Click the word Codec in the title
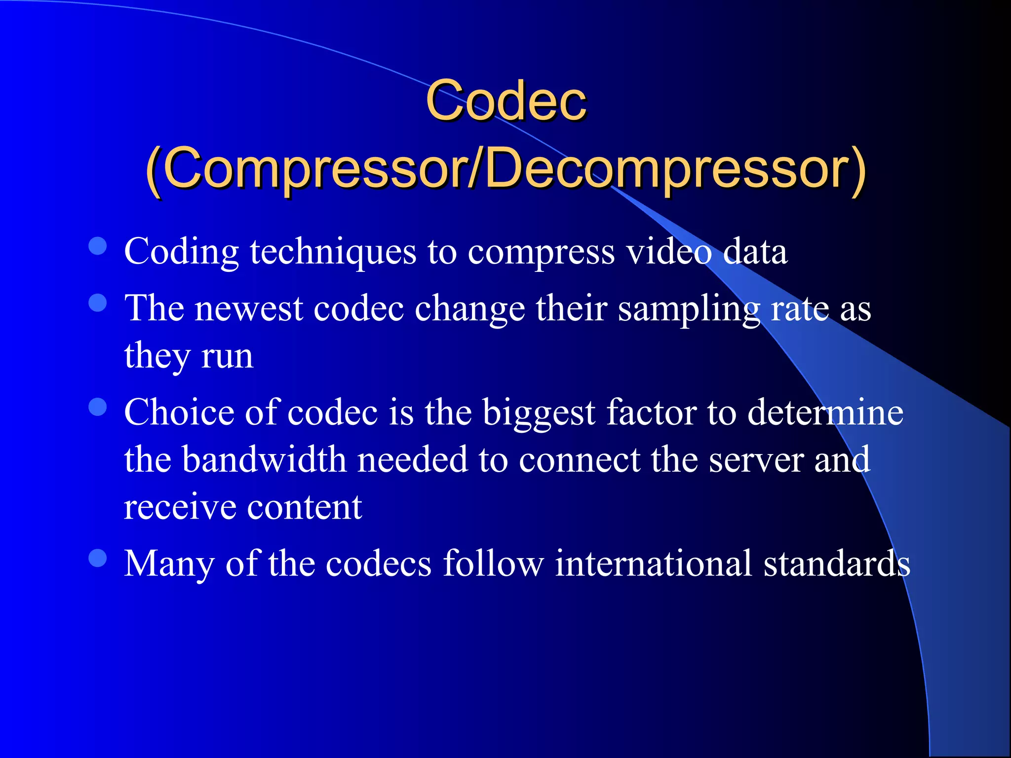point(506,101)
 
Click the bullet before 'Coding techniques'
point(98,246)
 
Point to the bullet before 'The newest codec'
point(98,303)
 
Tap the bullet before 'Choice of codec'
point(98,407)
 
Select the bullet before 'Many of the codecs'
point(98,558)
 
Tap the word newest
point(249,309)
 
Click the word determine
point(825,413)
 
